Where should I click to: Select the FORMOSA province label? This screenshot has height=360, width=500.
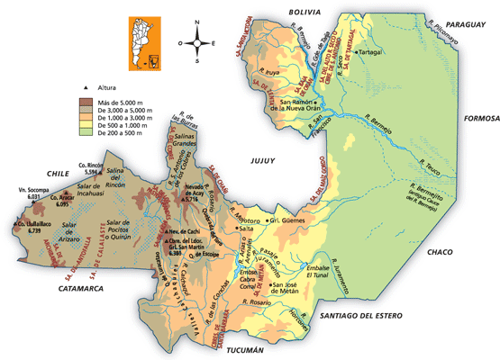pyautogui.click(x=479, y=118)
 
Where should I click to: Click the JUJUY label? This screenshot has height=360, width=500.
pyautogui.click(x=258, y=160)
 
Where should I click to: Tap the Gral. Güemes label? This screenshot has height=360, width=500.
pyautogui.click(x=289, y=220)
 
